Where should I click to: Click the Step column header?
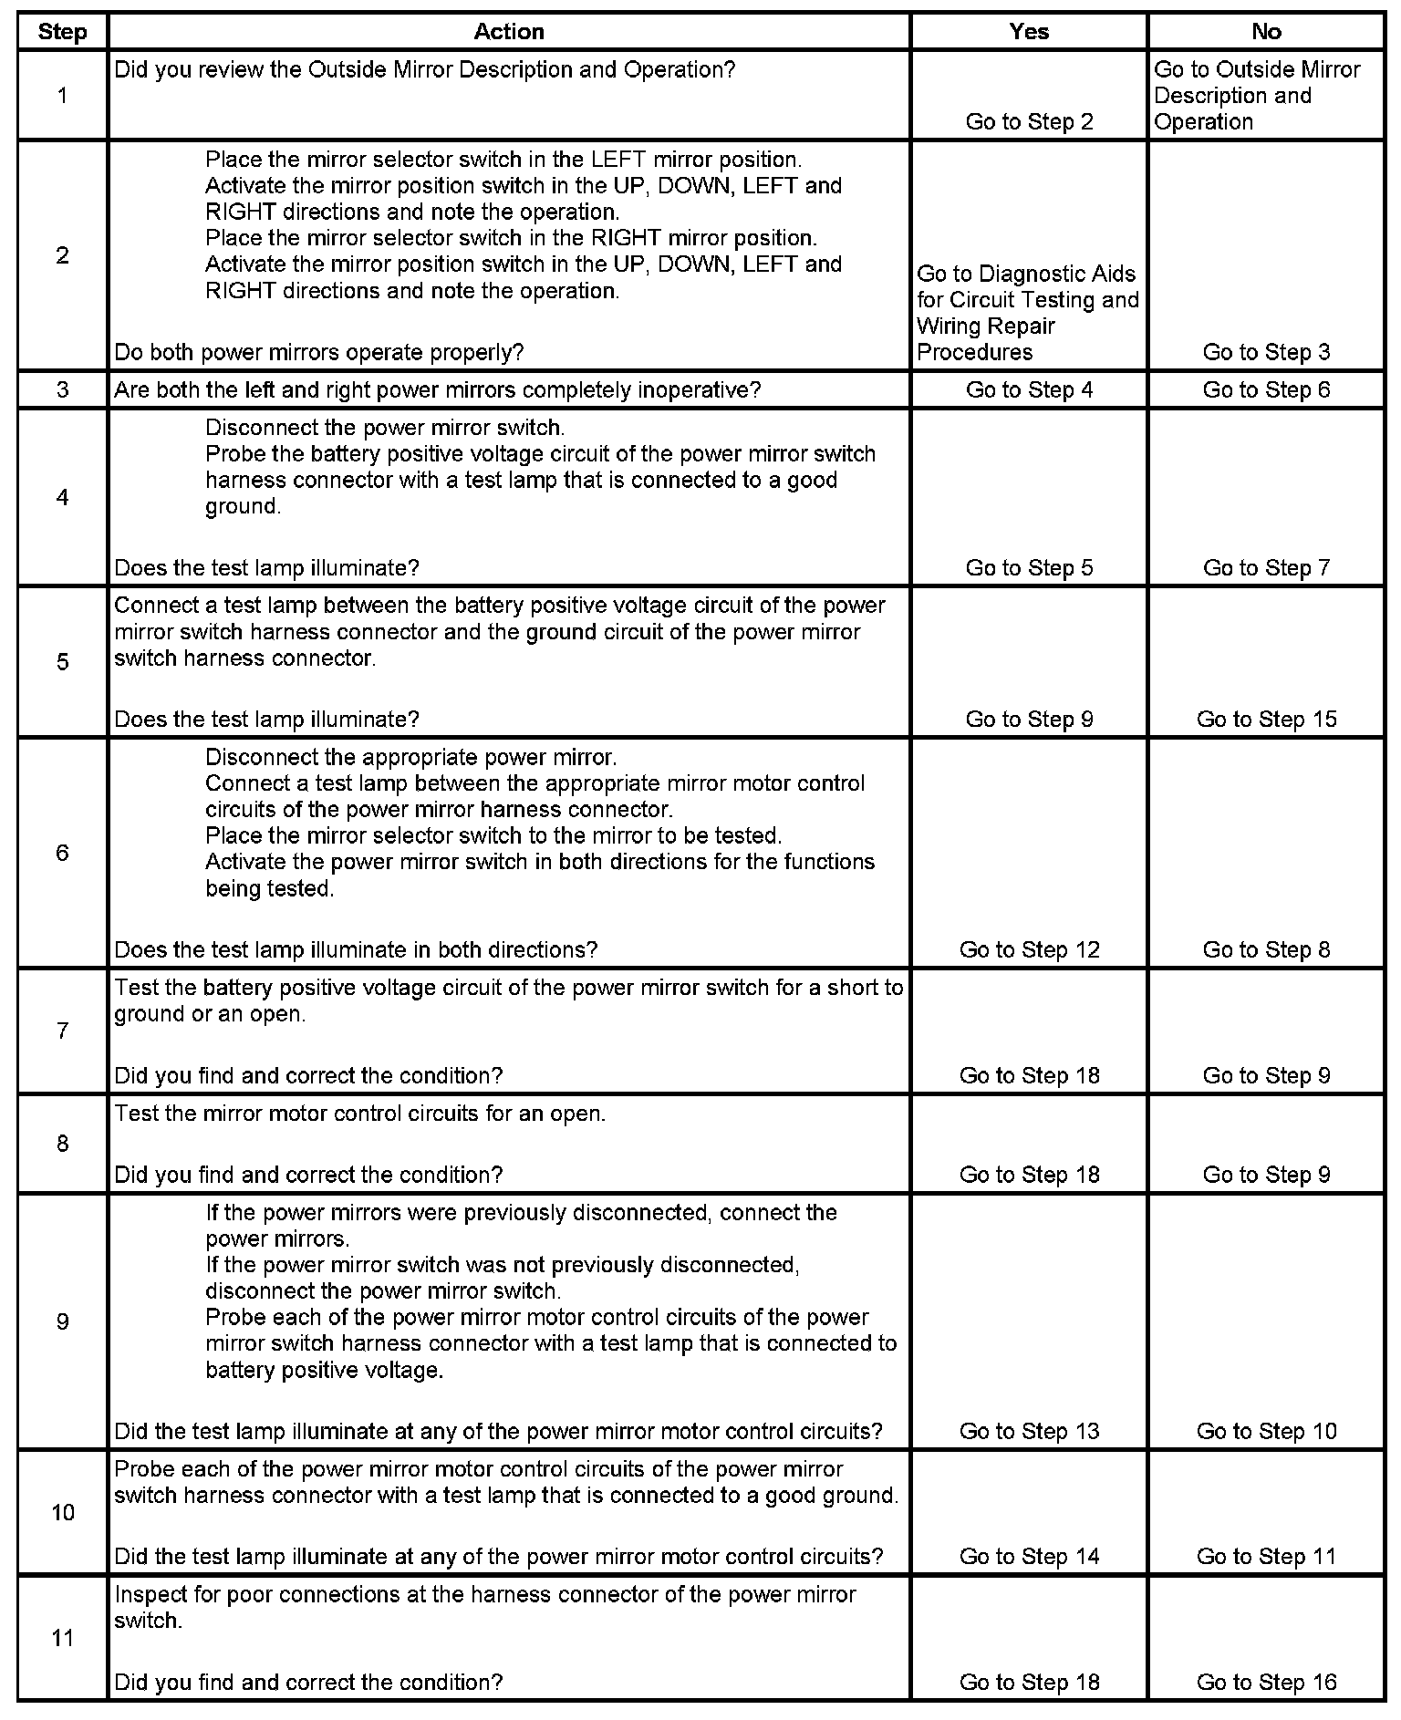pyautogui.click(x=62, y=32)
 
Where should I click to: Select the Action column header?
pyautogui.click(x=508, y=32)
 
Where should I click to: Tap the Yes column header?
pyautogui.click(x=1029, y=32)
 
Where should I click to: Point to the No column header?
pyautogui.click(x=1266, y=32)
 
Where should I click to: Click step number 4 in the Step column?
pyautogui.click(x=62, y=498)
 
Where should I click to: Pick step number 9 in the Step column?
pyautogui.click(x=62, y=1321)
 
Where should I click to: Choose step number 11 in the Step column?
pyautogui.click(x=62, y=1638)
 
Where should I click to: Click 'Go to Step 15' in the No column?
pyautogui.click(x=1266, y=720)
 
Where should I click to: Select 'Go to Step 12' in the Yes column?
pyautogui.click(x=1029, y=950)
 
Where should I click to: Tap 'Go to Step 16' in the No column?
pyautogui.click(x=1266, y=1683)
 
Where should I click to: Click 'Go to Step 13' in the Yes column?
pyautogui.click(x=1029, y=1432)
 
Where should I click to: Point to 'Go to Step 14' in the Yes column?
pyautogui.click(x=1029, y=1557)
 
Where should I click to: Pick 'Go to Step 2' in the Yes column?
pyautogui.click(x=1029, y=122)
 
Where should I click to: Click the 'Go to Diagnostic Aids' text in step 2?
pyautogui.click(x=1026, y=275)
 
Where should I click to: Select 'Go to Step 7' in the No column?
pyautogui.click(x=1266, y=568)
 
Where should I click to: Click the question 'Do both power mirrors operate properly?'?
pyautogui.click(x=319, y=353)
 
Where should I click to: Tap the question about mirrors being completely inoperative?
pyautogui.click(x=437, y=390)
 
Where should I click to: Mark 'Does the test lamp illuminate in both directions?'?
pyautogui.click(x=356, y=950)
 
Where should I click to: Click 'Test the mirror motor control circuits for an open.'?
pyautogui.click(x=359, y=1114)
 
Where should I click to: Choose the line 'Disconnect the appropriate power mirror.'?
pyautogui.click(x=410, y=758)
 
